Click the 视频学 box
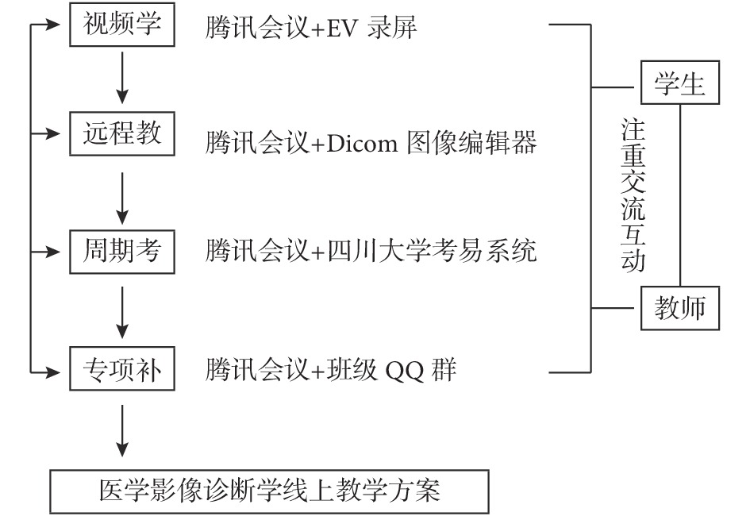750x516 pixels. click(x=122, y=25)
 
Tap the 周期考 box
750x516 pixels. click(x=122, y=252)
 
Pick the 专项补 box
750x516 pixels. click(x=122, y=369)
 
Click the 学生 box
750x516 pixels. click(x=680, y=83)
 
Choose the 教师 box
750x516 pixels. click(x=680, y=308)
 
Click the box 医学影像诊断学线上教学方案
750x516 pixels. click(x=270, y=493)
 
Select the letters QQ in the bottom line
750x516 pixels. click(x=403, y=370)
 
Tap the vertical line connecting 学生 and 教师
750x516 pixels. click(x=680, y=195)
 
